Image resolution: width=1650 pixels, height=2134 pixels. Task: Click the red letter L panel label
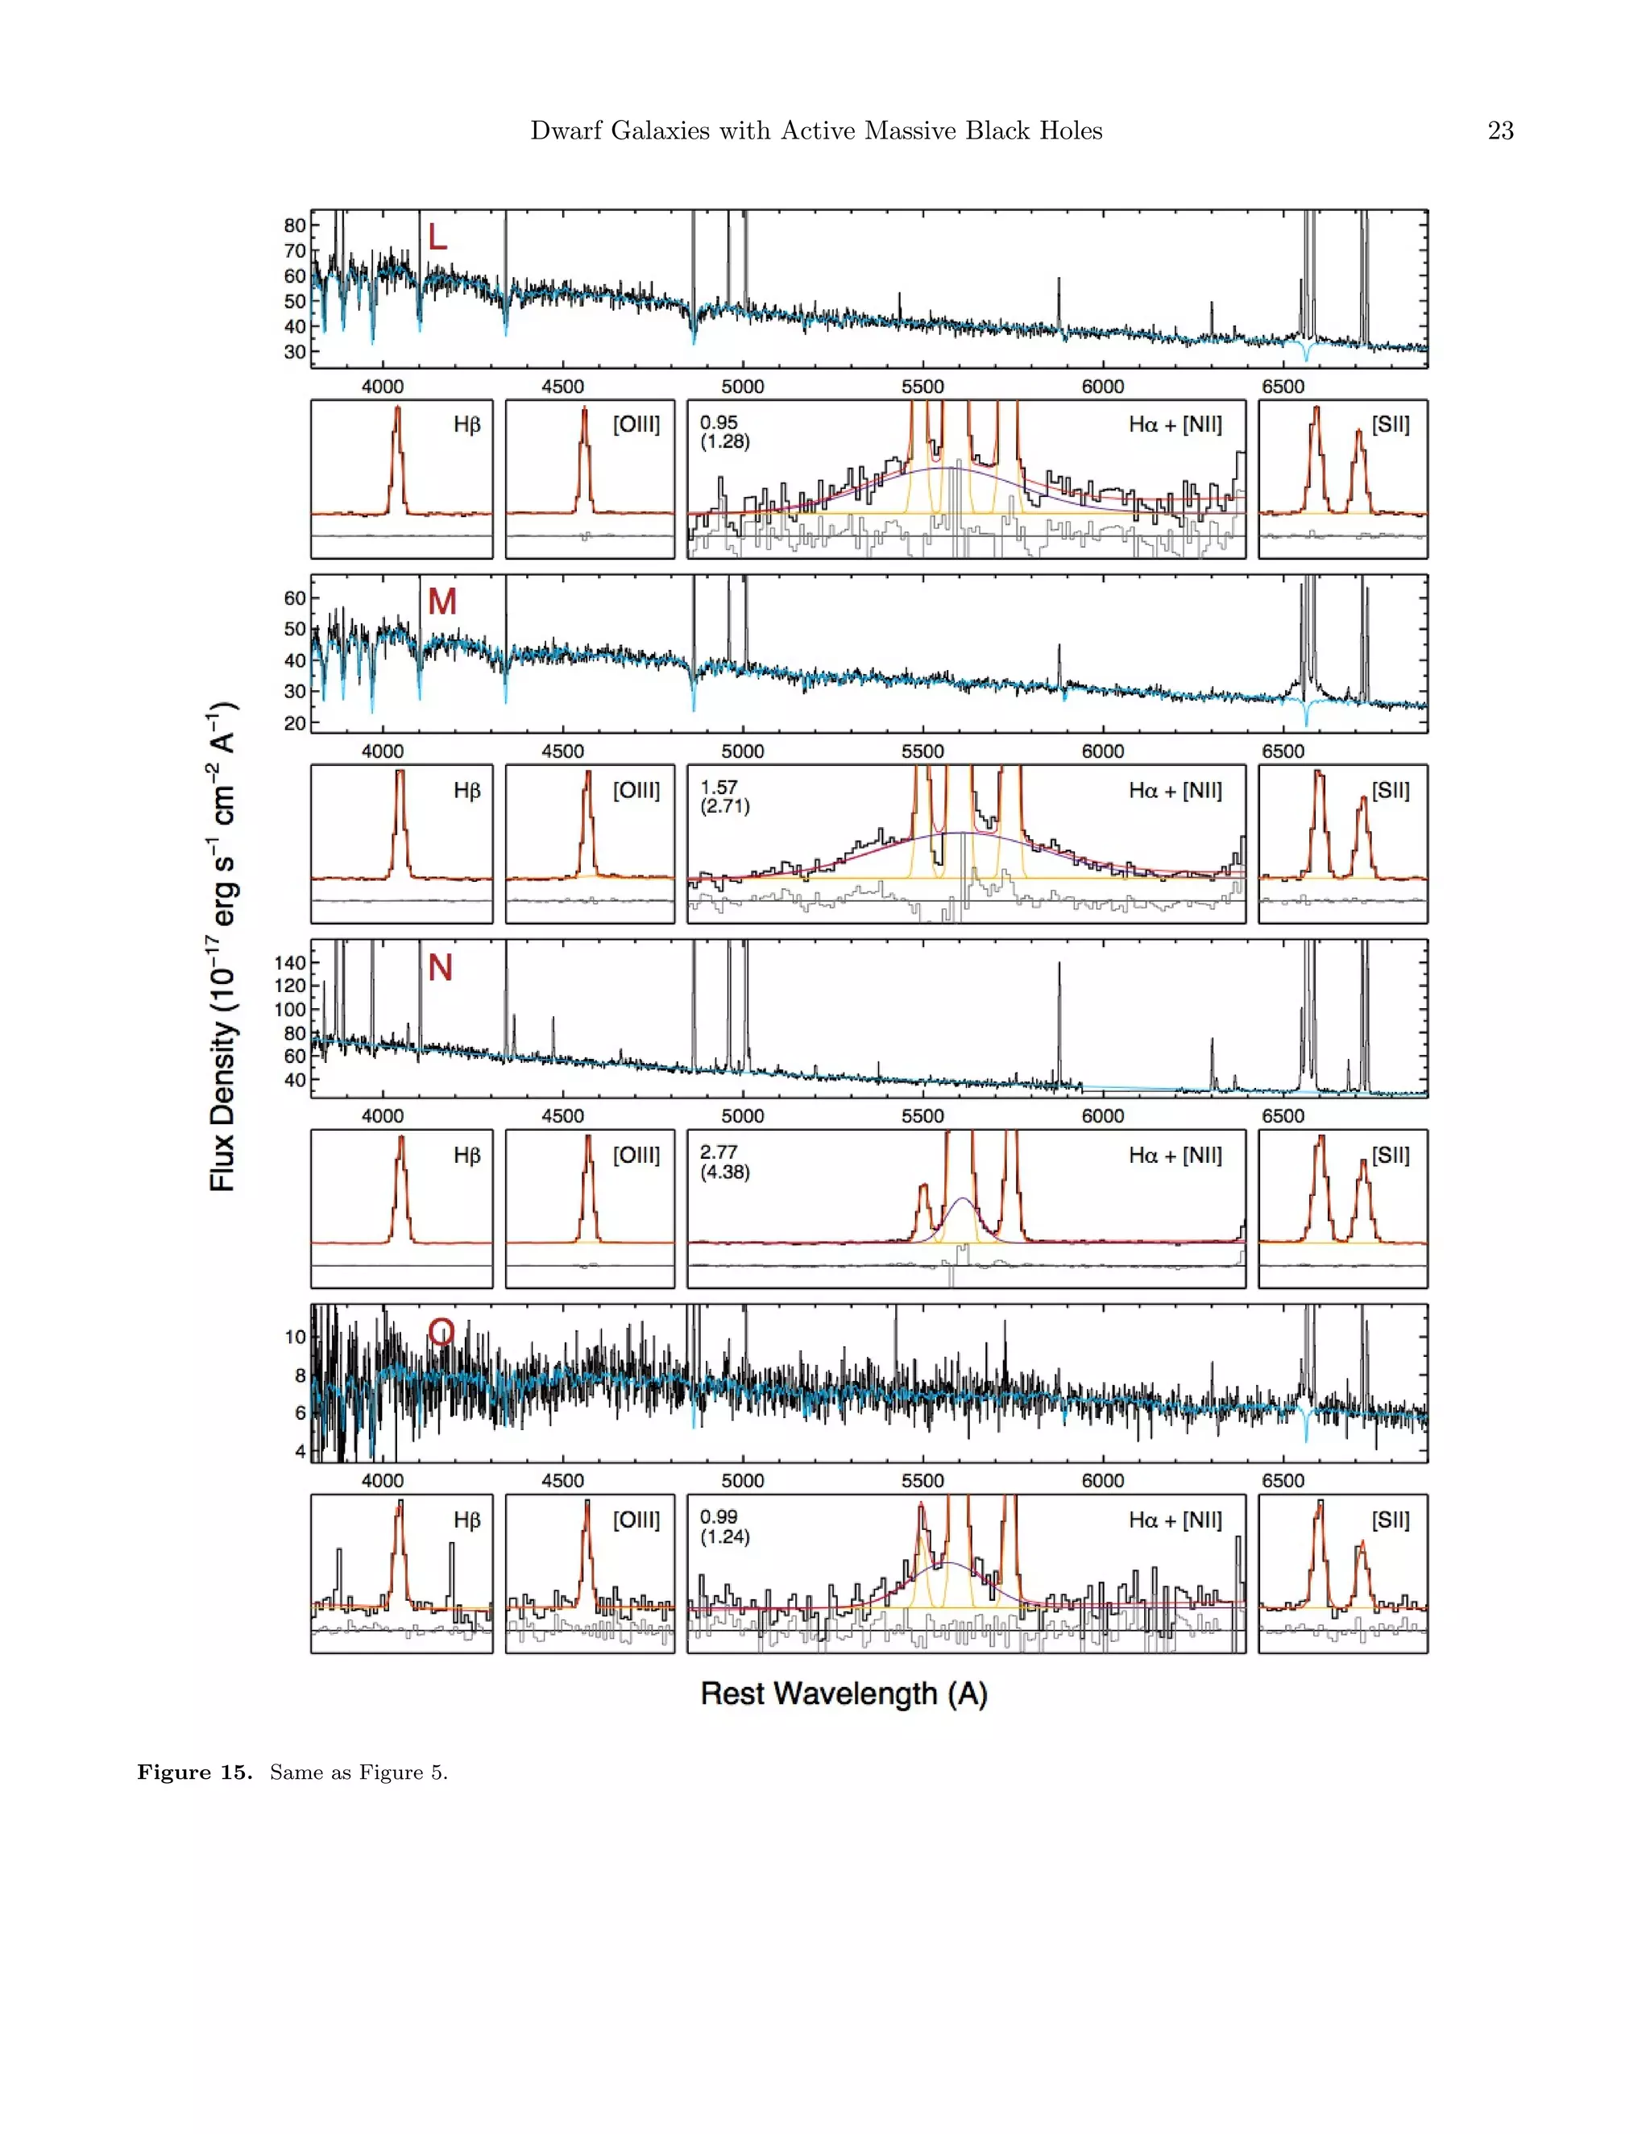point(437,237)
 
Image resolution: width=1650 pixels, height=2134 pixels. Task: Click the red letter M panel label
point(442,602)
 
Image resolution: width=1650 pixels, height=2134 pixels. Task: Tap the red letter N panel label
point(440,967)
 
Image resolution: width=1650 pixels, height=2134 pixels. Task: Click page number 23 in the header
point(1499,131)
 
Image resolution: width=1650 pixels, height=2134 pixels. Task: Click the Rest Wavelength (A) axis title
point(844,1694)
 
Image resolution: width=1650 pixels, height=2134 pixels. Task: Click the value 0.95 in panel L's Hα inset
point(719,422)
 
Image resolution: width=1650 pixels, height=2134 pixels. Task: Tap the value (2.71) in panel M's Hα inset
point(724,806)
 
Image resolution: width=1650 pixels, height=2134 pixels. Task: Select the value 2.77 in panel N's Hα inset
point(719,1152)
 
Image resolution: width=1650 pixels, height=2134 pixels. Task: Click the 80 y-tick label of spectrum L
point(294,225)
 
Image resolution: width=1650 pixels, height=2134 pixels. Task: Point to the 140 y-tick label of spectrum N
point(289,962)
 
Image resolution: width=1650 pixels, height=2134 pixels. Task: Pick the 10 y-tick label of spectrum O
point(294,1337)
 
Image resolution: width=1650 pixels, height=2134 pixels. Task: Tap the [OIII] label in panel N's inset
point(636,1155)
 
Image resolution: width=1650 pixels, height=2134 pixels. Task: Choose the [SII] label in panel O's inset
point(1390,1520)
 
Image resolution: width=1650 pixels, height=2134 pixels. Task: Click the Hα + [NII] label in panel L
point(1175,424)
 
